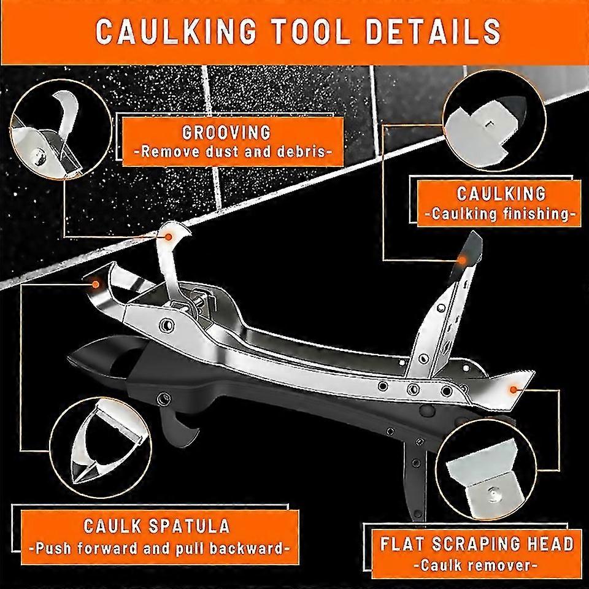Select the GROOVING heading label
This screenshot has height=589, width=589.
pos(226,132)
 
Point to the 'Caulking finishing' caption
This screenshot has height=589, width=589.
pos(500,215)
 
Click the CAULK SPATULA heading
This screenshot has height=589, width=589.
pos(158,526)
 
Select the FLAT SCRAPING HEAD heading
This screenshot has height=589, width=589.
pos(476,544)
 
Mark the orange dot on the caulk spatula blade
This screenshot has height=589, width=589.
pos(95,283)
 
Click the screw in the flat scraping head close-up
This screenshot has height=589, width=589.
pos(493,489)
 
